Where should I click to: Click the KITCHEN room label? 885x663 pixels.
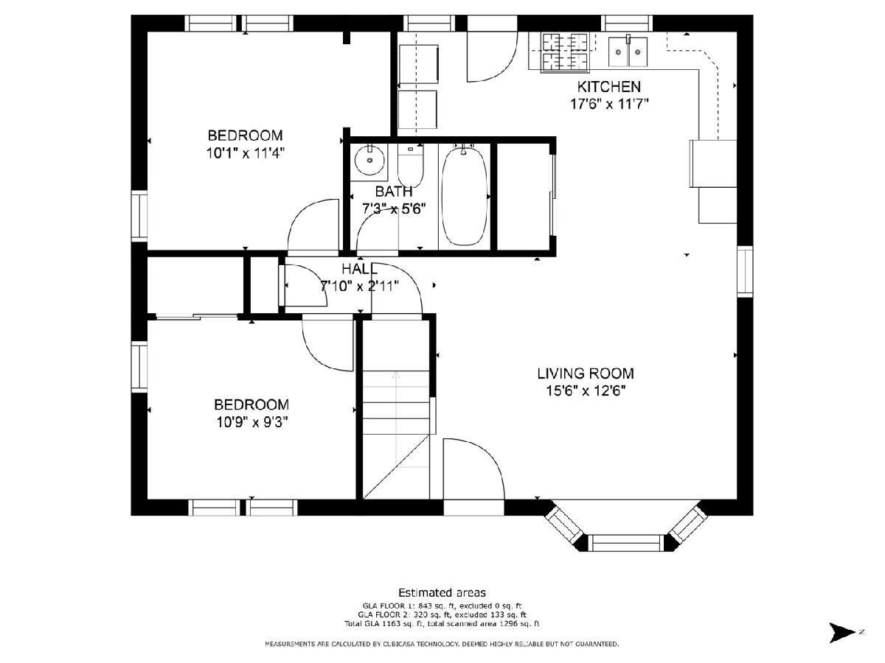click(608, 86)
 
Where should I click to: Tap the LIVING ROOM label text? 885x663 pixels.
click(586, 373)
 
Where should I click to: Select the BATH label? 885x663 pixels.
click(394, 191)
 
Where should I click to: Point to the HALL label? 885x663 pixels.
click(360, 268)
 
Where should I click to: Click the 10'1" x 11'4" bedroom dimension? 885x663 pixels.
click(246, 153)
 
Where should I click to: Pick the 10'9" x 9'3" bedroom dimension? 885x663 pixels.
click(252, 422)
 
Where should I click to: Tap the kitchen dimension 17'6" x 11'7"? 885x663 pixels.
click(609, 105)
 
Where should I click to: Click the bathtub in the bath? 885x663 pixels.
click(464, 197)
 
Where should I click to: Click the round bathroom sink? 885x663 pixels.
click(369, 160)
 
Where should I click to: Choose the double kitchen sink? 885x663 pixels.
click(628, 52)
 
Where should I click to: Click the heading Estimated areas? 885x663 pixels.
click(442, 592)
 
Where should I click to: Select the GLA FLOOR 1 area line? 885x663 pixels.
click(442, 606)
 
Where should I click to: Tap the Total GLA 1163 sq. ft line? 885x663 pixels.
click(442, 624)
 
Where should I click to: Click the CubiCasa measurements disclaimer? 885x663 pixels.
click(442, 644)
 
